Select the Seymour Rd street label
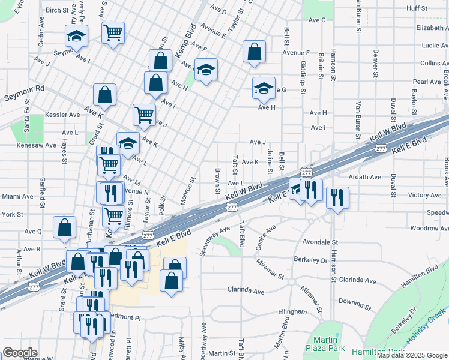(24, 88)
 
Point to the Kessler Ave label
(66, 114)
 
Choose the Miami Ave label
(17, 196)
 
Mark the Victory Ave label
(424, 195)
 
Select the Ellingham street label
(292, 312)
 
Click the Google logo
(20, 353)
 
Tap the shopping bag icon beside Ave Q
(65, 228)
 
